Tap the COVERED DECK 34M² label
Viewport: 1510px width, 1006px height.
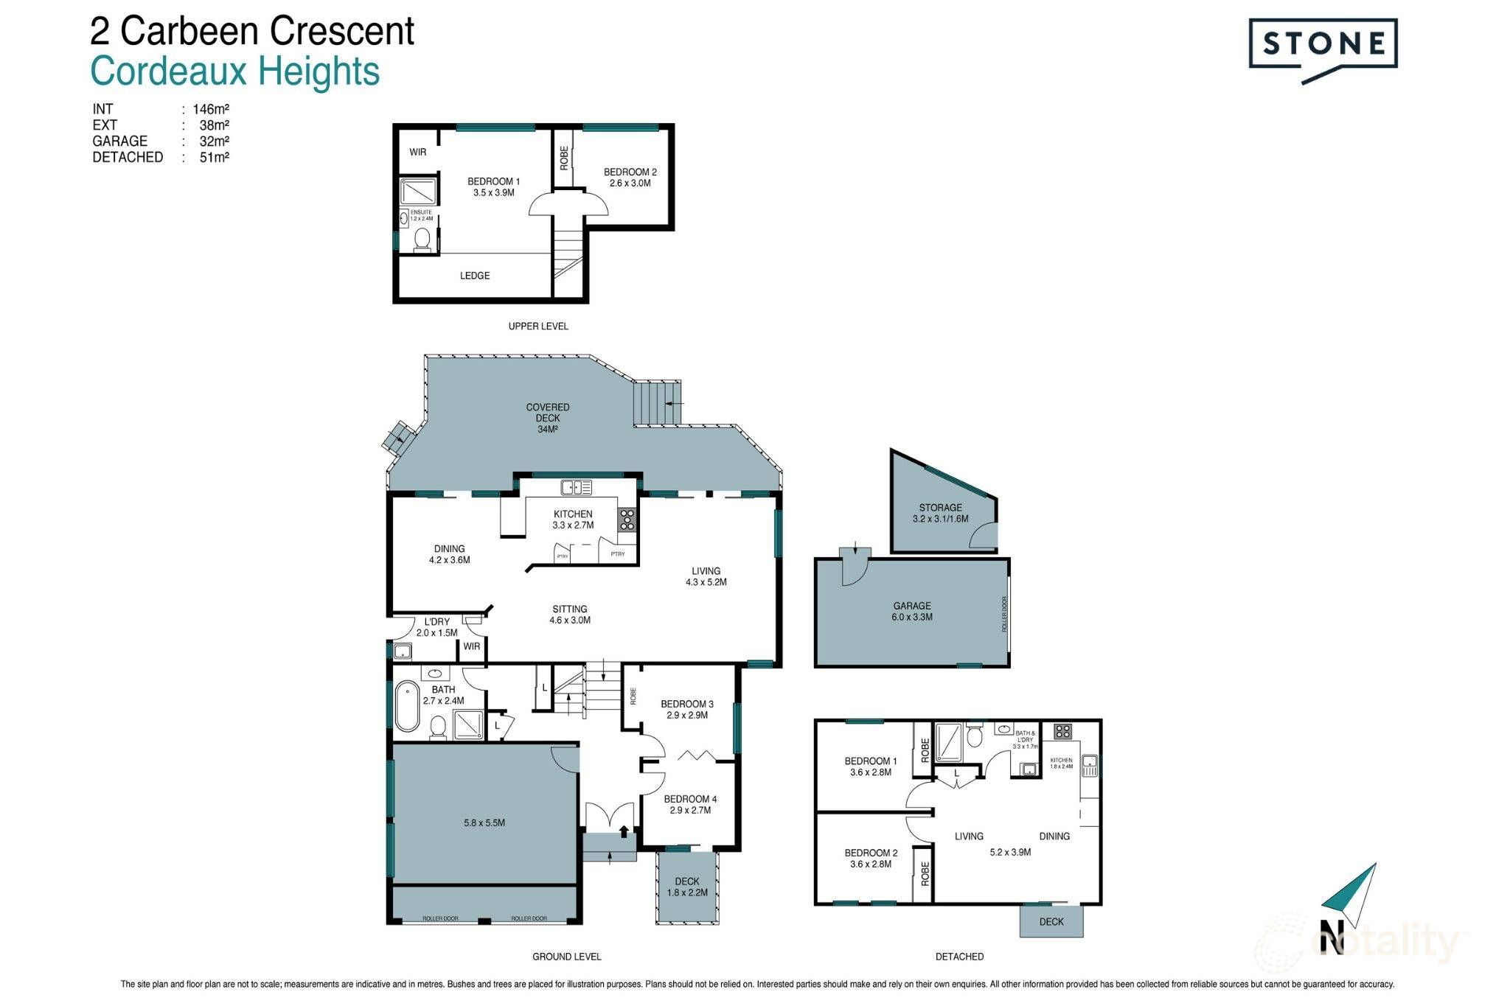tap(548, 418)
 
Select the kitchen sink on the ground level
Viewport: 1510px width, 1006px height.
tap(576, 487)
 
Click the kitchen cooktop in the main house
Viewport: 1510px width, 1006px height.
tap(627, 520)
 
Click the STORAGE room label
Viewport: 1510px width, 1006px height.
tap(940, 513)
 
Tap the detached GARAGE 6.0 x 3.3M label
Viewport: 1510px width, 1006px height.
tap(912, 611)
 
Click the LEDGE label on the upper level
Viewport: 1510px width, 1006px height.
tap(475, 276)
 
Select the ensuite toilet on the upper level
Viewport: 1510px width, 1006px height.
tap(422, 240)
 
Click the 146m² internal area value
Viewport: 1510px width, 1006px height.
tap(211, 109)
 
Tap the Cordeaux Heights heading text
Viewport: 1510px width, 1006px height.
tap(234, 72)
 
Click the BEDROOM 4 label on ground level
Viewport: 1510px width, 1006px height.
tap(690, 804)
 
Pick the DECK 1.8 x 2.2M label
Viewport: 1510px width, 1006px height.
tap(687, 887)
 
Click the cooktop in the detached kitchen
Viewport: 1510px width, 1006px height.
tap(1062, 732)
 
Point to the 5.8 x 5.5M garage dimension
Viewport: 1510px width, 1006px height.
tap(484, 822)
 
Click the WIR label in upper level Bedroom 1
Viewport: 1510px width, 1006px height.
tap(418, 153)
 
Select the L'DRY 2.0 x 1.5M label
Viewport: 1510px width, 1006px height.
tap(437, 627)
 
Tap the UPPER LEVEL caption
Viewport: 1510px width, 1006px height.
tap(538, 326)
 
